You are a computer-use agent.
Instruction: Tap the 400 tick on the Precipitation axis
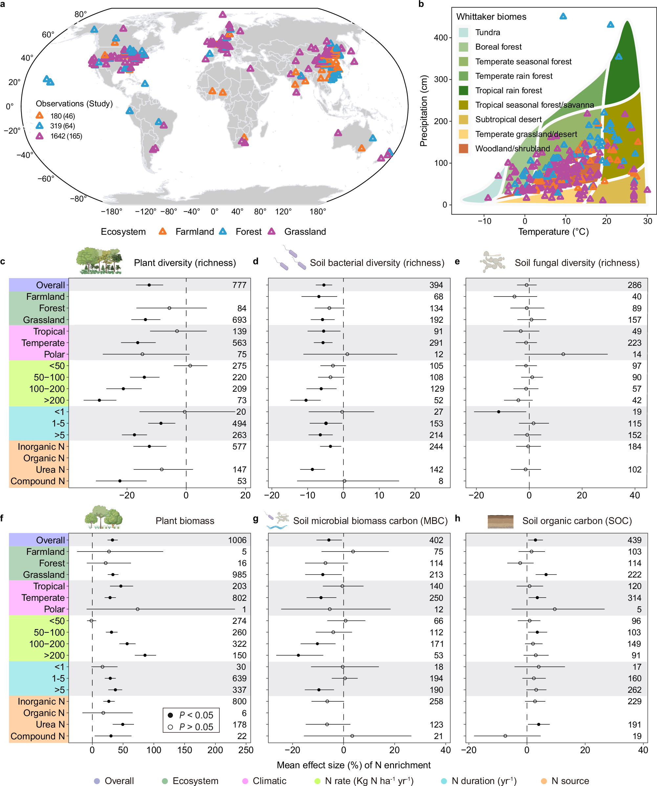pyautogui.click(x=441, y=37)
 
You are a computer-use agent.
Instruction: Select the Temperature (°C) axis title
pyautogui.click(x=553, y=232)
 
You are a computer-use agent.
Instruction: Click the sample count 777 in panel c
pyautogui.click(x=239, y=285)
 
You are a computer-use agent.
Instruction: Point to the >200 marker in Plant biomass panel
pyautogui.click(x=145, y=655)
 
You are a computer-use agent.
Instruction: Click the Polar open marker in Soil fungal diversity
pyautogui.click(x=563, y=354)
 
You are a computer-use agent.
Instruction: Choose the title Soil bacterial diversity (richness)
pyautogui.click(x=377, y=263)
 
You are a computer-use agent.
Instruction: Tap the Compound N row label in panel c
pyautogui.click(x=37, y=481)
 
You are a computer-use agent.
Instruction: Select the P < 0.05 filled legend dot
pyautogui.click(x=170, y=715)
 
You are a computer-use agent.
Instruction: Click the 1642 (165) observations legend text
pyautogui.click(x=66, y=136)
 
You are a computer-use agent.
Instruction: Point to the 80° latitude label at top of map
pyautogui.click(x=80, y=14)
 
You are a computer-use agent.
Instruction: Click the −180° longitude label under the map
pyautogui.click(x=112, y=211)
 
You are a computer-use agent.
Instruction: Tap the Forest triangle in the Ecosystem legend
pyautogui.click(x=223, y=231)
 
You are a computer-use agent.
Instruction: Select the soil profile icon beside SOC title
pyautogui.click(x=500, y=521)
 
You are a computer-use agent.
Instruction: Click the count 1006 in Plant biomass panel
pyautogui.click(x=237, y=540)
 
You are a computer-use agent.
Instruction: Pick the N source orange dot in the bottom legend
pyautogui.click(x=544, y=781)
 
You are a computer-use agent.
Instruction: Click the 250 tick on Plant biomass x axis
pyautogui.click(x=246, y=750)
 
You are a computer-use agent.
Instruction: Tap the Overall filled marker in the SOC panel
pyautogui.click(x=535, y=540)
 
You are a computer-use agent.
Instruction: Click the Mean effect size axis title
pyautogui.click(x=353, y=765)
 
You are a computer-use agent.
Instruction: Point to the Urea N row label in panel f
pyautogui.click(x=50, y=724)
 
